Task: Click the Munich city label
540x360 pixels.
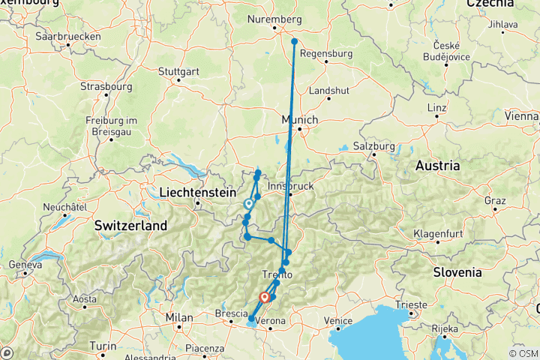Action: (300, 119)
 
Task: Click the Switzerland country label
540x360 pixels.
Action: (131, 225)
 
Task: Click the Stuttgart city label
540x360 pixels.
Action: (178, 72)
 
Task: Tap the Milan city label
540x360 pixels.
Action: (180, 316)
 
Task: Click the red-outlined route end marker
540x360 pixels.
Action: (265, 298)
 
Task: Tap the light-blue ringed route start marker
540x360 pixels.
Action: (249, 202)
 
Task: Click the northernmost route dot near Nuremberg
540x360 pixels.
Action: (295, 42)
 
